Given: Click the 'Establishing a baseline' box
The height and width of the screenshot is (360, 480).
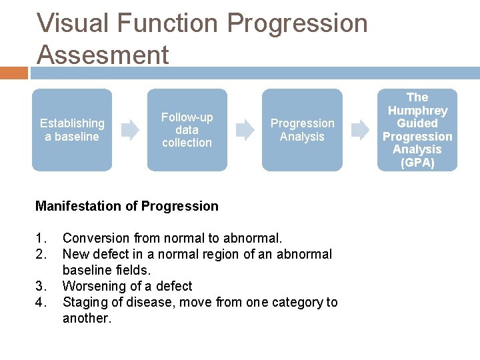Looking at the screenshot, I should point(72,130).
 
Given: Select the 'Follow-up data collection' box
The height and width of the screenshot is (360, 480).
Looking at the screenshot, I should point(187,130).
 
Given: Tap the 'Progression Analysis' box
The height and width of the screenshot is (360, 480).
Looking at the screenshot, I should point(302,130).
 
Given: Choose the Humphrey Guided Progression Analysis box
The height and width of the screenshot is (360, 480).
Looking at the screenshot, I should point(417,130).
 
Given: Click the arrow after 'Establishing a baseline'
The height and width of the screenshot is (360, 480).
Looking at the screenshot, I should point(129,130).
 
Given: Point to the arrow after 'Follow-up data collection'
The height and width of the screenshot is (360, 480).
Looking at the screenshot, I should point(245,130).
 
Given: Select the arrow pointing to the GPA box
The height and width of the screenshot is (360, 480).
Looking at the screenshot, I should point(360,130).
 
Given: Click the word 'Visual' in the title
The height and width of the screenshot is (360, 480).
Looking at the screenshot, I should point(73,23).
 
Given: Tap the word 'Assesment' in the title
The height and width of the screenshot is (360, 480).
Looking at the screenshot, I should point(103,54).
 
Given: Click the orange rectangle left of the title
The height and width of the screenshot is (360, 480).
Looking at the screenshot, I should point(14,73).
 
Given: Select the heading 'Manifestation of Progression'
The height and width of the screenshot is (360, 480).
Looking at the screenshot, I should point(127,206).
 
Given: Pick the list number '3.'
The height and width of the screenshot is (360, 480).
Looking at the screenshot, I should point(41,286).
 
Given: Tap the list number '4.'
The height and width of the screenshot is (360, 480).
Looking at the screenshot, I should point(41,302).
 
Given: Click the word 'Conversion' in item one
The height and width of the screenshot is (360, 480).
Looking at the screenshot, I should point(96,238).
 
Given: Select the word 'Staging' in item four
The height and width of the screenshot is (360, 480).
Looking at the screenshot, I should point(85,302).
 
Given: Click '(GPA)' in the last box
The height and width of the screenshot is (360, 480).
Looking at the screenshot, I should point(417,163).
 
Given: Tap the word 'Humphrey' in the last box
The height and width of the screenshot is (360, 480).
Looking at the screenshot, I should point(417,111).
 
